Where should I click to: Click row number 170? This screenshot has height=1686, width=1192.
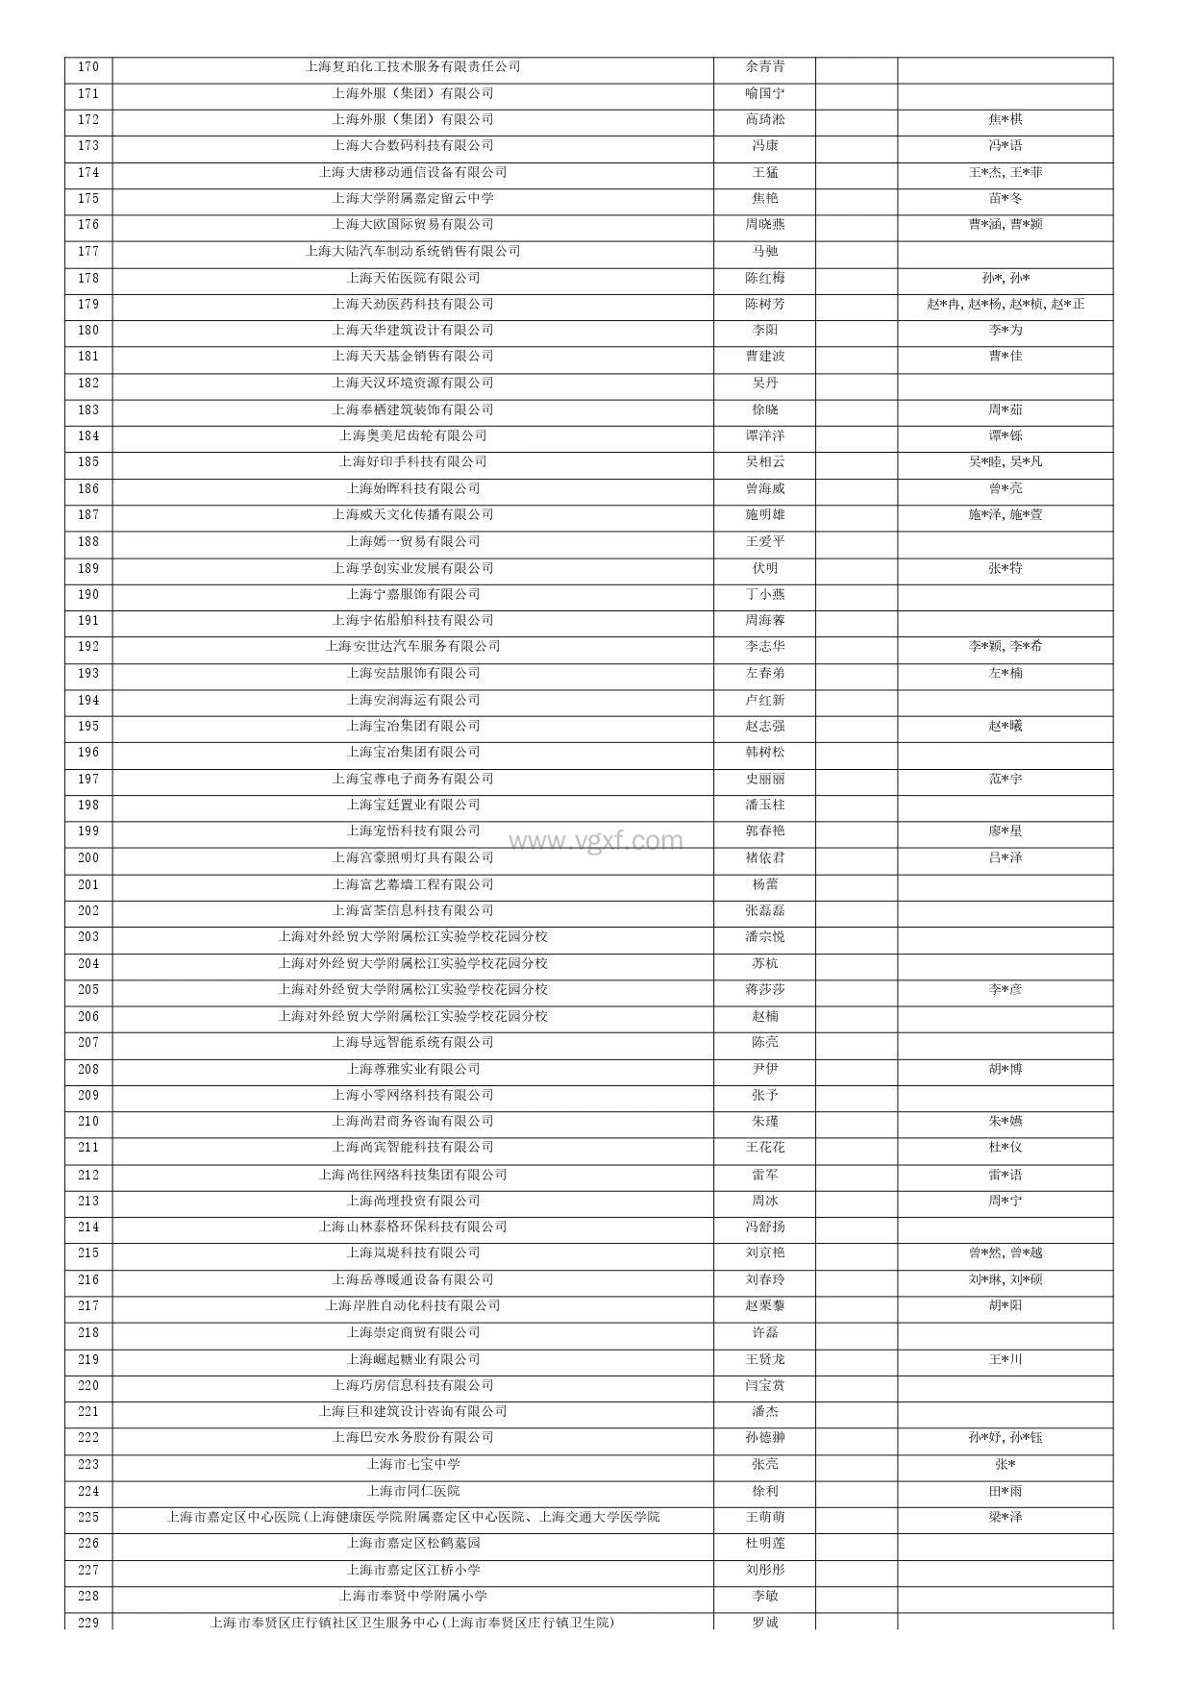pos(87,67)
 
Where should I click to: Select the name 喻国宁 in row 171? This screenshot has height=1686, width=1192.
pos(764,93)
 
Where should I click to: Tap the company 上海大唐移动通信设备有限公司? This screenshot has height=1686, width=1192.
pos(412,172)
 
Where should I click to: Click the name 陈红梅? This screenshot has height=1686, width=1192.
pos(764,278)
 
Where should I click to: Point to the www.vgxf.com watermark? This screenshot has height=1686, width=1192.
pos(596,841)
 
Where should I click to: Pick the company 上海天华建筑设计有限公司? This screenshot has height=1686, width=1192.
pos(412,330)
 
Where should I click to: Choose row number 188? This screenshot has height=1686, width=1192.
pos(87,541)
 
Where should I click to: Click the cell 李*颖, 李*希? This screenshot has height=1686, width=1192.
pos(1005,646)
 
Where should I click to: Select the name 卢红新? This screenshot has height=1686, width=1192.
pos(764,700)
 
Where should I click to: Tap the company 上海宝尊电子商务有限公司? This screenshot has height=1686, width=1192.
pos(412,779)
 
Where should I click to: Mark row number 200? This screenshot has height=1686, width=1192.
pos(87,857)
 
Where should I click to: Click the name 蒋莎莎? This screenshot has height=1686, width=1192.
pos(764,989)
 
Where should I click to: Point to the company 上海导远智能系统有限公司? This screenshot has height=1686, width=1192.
pos(412,1042)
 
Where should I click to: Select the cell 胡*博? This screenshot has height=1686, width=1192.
pos(1005,1069)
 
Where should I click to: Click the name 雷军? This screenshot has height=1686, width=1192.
pos(764,1175)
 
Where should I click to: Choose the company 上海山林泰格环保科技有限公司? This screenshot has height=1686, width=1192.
pos(412,1227)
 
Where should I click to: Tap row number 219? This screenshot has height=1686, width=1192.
pos(87,1359)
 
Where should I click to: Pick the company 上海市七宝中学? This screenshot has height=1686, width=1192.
pos(412,1464)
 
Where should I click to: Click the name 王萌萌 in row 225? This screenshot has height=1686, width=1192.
pos(764,1517)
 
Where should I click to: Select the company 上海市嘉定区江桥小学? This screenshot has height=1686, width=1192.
pos(412,1570)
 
